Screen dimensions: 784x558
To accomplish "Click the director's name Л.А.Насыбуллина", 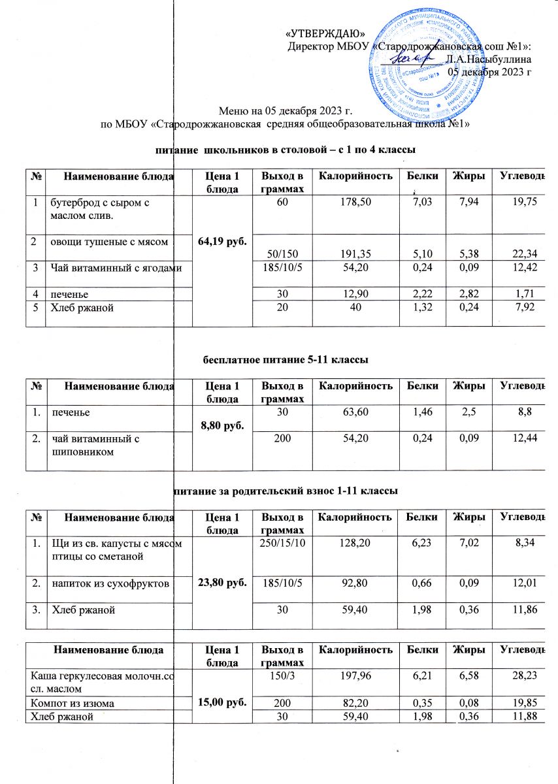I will click(489, 59).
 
